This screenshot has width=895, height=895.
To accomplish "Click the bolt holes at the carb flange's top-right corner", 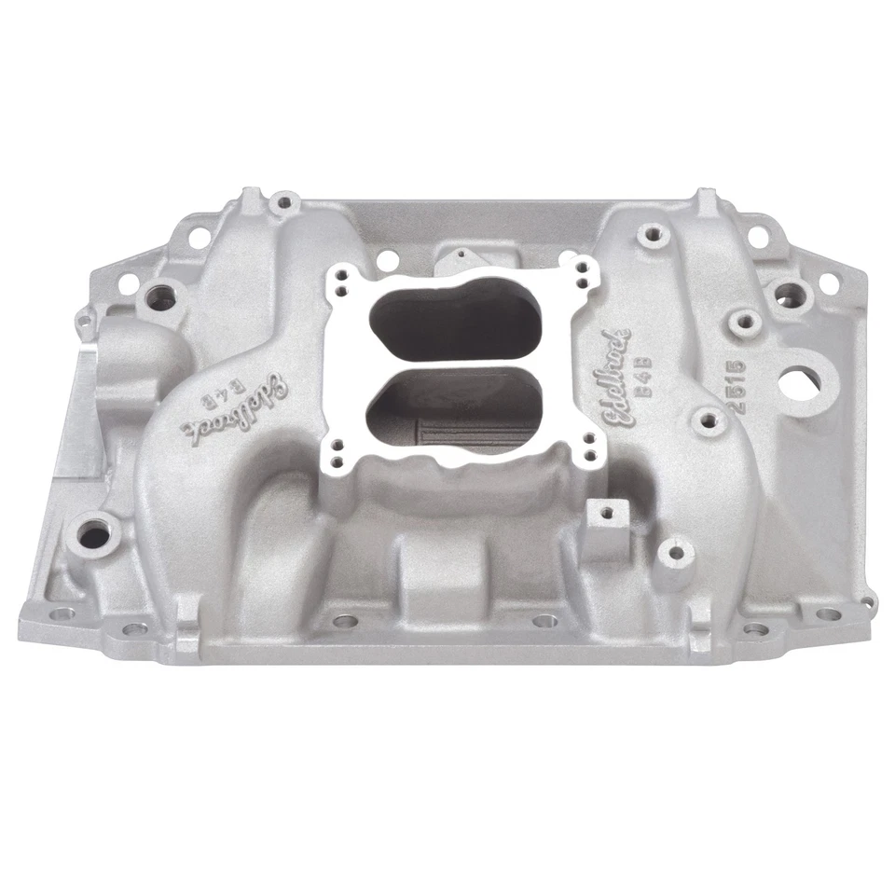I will tap(583, 272).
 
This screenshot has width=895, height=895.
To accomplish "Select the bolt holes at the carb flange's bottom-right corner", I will tap(588, 447).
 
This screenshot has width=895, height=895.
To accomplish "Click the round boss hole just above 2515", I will tap(743, 323).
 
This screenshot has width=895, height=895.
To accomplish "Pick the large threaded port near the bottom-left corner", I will tap(93, 534).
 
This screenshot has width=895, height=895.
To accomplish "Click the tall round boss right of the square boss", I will tap(675, 552).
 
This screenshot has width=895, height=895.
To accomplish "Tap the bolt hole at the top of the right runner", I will tap(650, 233).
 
